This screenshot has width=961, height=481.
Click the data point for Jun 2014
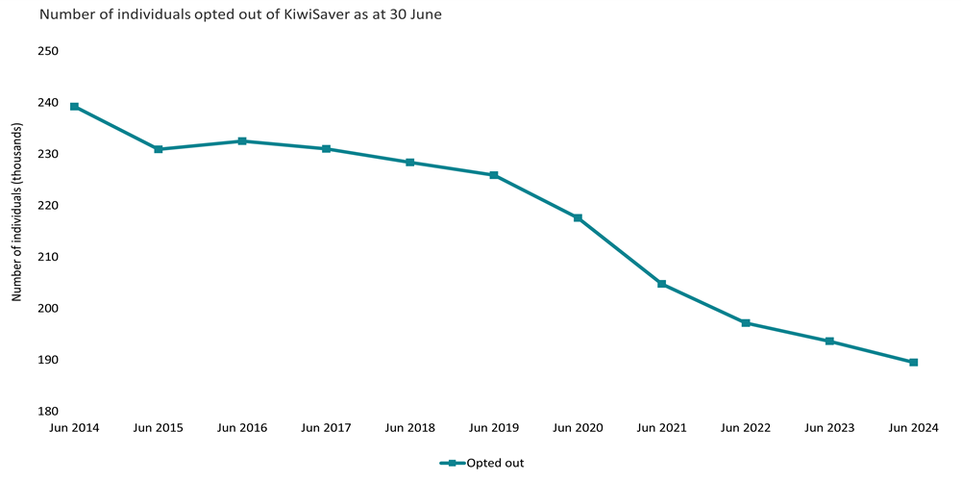click(74, 107)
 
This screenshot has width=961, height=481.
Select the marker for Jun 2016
click(242, 141)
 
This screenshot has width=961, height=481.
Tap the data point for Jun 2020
click(578, 218)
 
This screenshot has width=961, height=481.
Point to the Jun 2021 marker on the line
click(661, 284)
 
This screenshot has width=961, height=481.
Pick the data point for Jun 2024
click(913, 363)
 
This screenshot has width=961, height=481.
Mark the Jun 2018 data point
click(409, 163)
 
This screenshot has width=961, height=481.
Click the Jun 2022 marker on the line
click(746, 323)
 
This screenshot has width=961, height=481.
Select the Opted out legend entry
click(482, 464)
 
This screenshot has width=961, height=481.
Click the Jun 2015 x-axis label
click(159, 427)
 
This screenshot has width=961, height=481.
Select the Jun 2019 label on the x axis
click(494, 427)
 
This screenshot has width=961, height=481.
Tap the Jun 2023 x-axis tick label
click(829, 427)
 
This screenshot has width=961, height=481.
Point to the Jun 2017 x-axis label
click(326, 427)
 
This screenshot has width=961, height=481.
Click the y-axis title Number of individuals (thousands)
click(16, 231)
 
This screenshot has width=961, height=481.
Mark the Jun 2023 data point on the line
click(829, 342)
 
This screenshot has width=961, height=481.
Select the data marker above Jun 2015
click(159, 149)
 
